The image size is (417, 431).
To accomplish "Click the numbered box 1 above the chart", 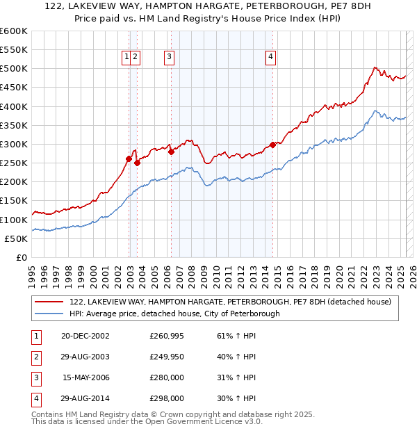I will tap(127, 58).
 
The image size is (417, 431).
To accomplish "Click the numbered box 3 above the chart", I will tap(169, 58).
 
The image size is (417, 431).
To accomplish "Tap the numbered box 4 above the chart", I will tap(270, 58).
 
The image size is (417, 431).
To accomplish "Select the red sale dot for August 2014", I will tap(272, 145).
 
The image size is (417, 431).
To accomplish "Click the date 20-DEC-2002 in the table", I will tap(85, 336).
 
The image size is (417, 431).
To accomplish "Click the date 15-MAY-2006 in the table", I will tap(85, 377).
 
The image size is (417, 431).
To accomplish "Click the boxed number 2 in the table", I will tap(33, 357).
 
